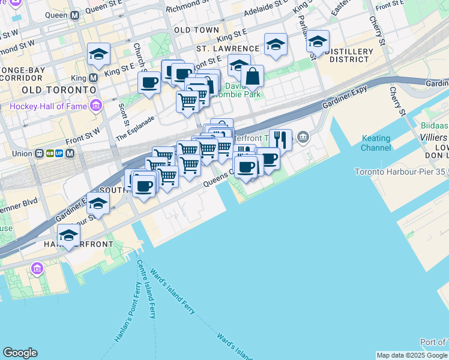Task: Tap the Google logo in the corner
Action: [x=20, y=353]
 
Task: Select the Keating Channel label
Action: [x=376, y=143]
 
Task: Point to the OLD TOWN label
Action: [x=196, y=29]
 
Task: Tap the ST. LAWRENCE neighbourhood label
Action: [x=228, y=48]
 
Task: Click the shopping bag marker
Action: [x=253, y=76]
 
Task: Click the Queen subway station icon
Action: [x=75, y=15]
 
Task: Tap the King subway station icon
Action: [x=94, y=77]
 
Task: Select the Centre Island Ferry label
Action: [x=145, y=288]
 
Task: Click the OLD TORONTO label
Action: [x=59, y=89]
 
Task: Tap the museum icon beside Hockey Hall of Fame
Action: [x=95, y=107]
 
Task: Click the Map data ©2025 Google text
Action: [x=412, y=355]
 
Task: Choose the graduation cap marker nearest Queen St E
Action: [x=98, y=54]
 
